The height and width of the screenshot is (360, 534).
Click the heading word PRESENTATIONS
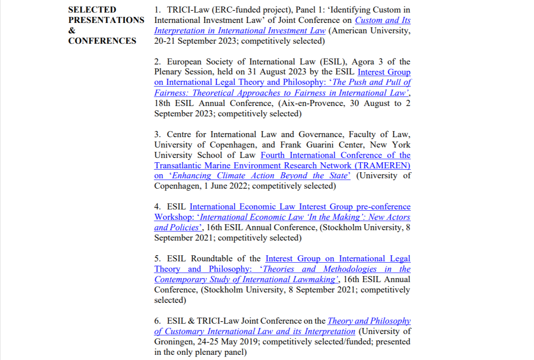coord(106,20)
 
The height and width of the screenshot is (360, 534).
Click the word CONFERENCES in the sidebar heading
coord(102,41)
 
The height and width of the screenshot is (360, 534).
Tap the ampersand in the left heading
coord(71,30)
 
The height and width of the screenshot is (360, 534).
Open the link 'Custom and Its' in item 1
coord(382,20)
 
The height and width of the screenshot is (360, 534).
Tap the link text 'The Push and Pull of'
coord(371,82)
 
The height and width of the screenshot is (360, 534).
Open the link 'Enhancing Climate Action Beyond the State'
coord(260,176)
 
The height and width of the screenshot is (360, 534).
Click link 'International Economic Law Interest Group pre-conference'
coord(300,207)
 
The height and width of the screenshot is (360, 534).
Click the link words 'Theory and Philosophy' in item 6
coord(369,321)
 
